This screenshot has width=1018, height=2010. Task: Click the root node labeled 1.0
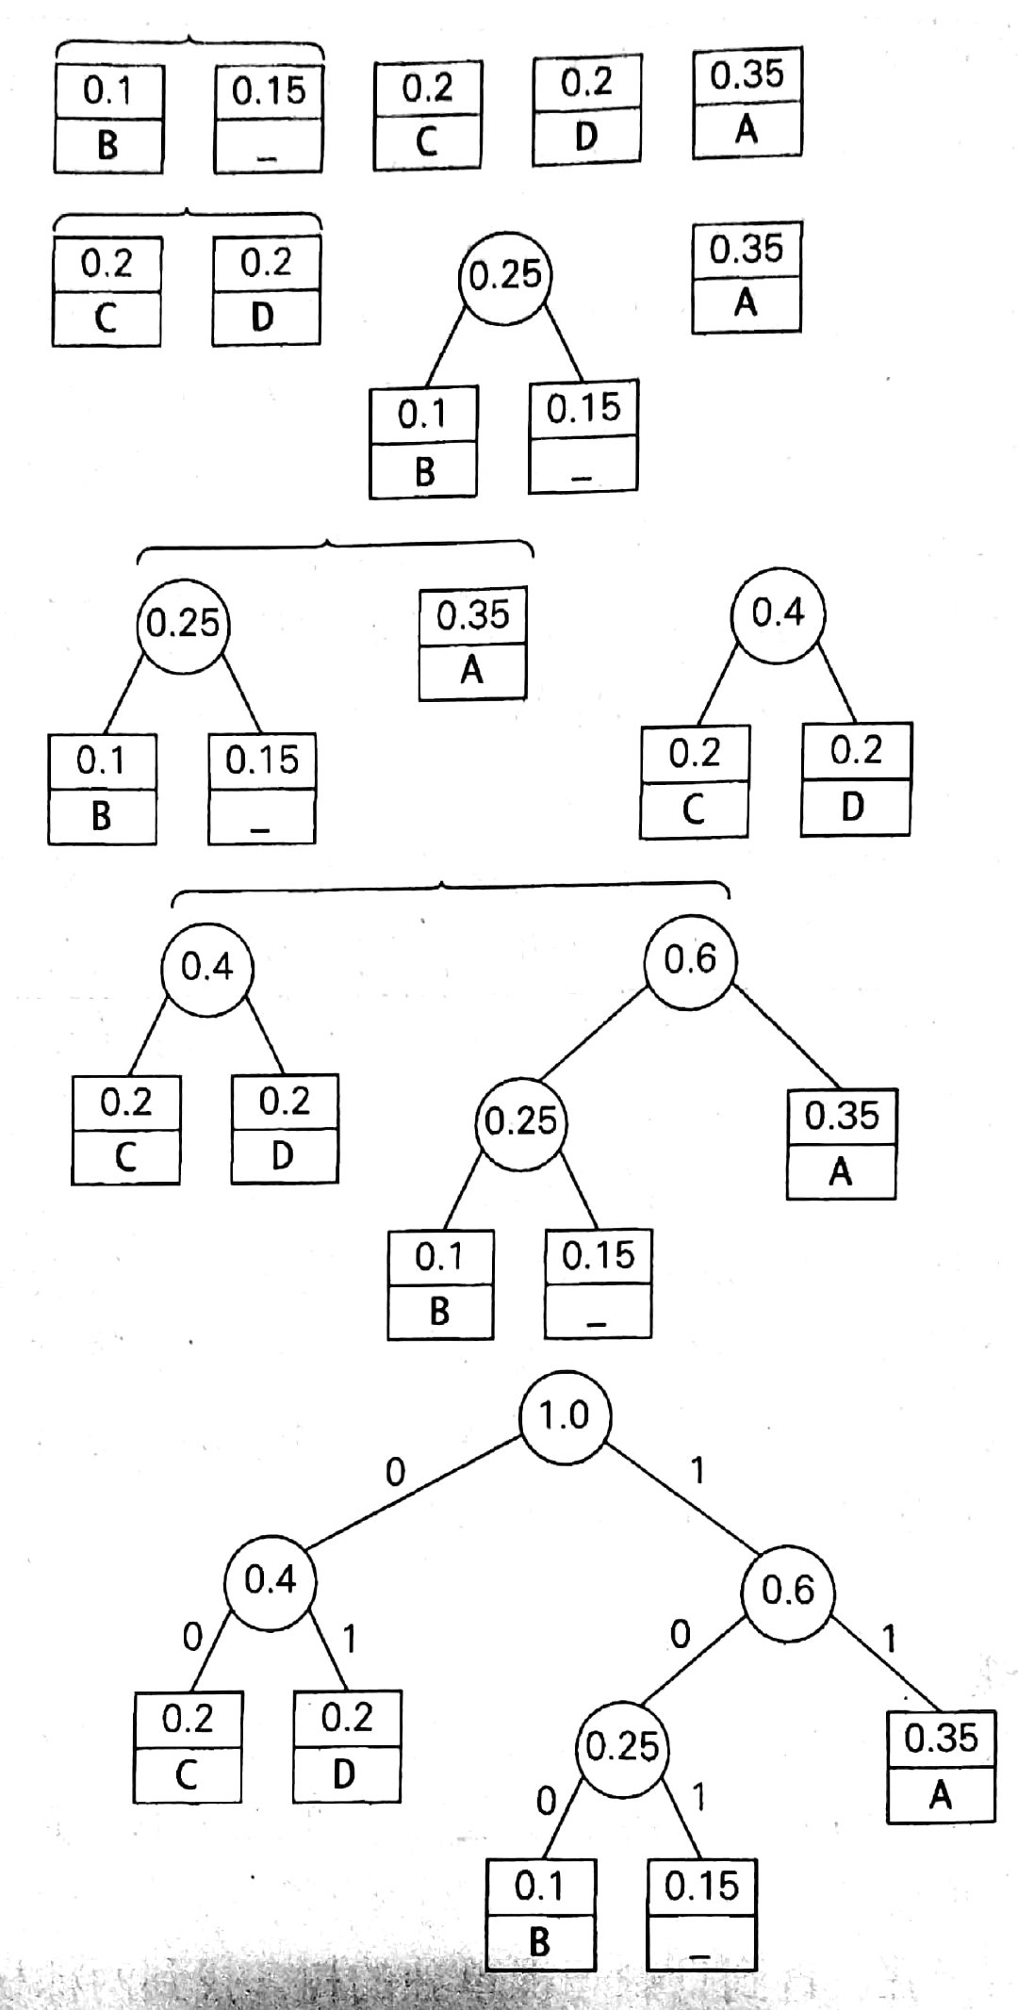click(x=565, y=1416)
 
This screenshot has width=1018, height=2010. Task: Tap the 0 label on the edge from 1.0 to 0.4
click(x=396, y=1472)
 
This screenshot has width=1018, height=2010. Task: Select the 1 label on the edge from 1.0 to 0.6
click(x=698, y=1471)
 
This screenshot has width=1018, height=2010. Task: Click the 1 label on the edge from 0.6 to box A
click(x=887, y=1640)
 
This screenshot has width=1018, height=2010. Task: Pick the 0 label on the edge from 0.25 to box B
click(x=545, y=1802)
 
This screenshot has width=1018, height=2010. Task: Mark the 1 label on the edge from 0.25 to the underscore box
click(x=698, y=1798)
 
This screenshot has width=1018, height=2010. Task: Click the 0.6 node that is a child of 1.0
click(x=787, y=1591)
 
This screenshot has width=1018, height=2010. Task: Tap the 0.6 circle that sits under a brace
click(x=690, y=961)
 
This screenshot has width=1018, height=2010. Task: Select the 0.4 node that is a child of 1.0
click(x=270, y=1580)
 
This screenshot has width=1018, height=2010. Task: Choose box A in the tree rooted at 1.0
click(x=941, y=1767)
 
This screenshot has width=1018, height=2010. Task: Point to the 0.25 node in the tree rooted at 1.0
click(x=622, y=1746)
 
